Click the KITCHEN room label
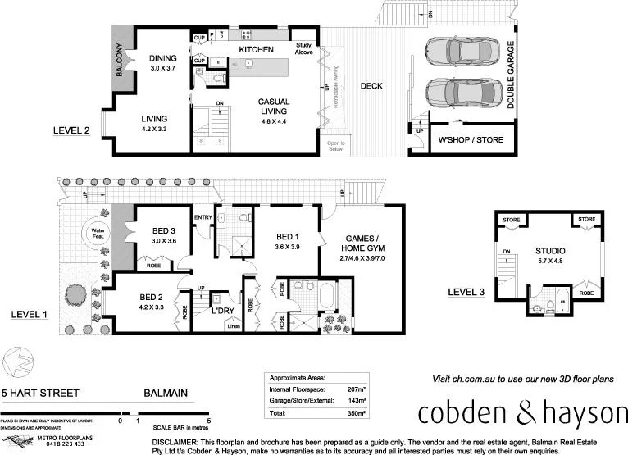(x=256, y=50)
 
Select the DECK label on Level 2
(x=371, y=86)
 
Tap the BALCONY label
(x=120, y=59)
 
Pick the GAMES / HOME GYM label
(x=362, y=244)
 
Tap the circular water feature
(x=98, y=233)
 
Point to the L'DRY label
(x=224, y=312)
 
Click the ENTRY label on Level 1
(x=203, y=216)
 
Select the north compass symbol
(x=19, y=362)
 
